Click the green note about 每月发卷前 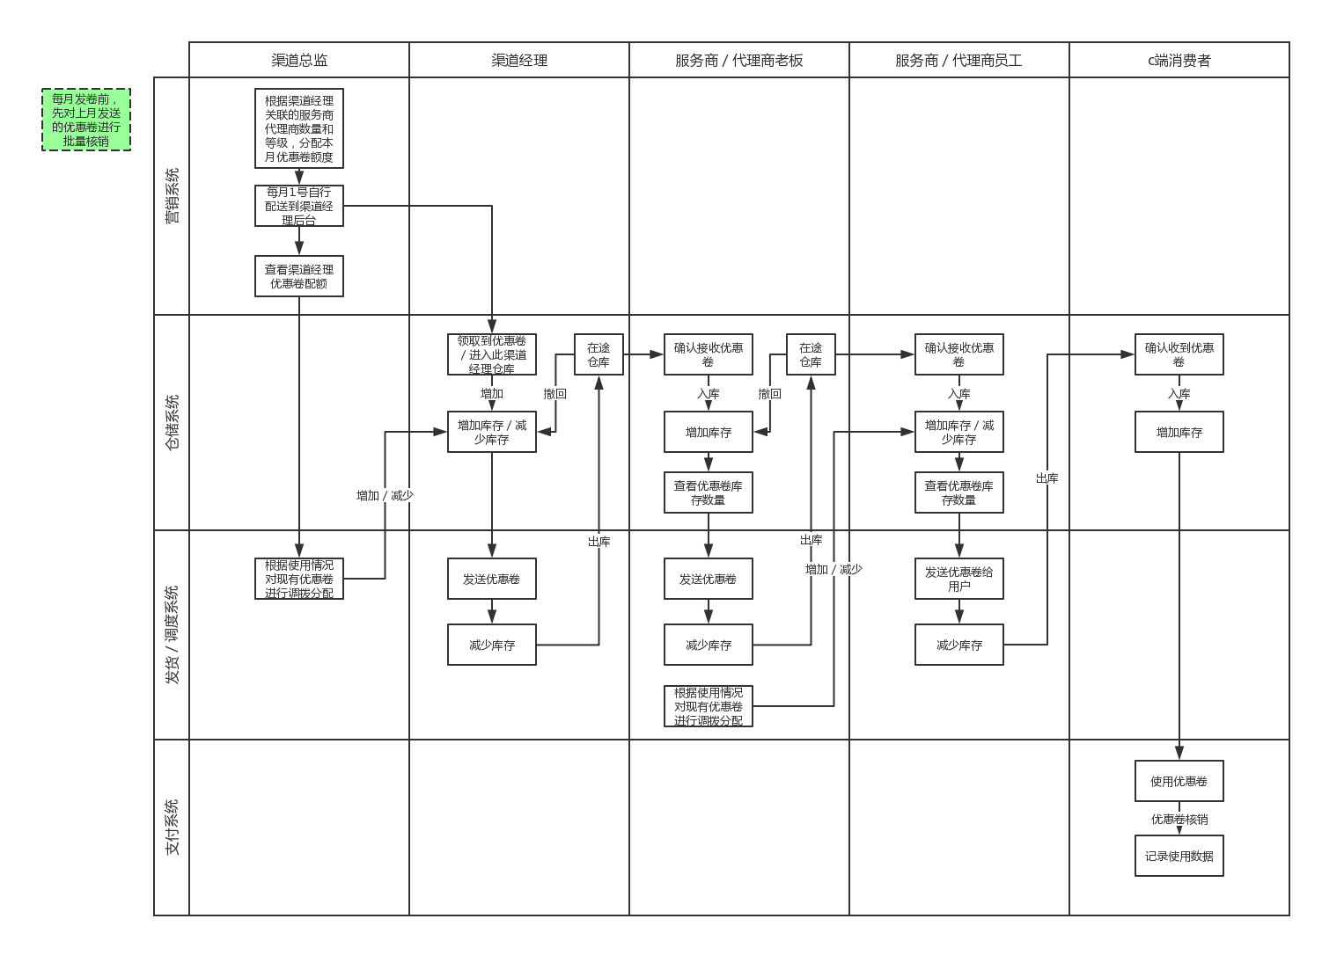(x=86, y=120)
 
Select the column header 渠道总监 (x=299, y=60)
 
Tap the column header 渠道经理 (x=519, y=60)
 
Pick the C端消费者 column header (x=1179, y=60)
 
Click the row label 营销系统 (x=172, y=196)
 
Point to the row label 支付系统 (x=172, y=827)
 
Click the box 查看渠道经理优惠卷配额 (x=299, y=276)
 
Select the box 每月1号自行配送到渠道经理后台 (x=299, y=206)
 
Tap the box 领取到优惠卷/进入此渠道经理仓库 (x=492, y=354)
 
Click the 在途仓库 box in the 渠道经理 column (x=599, y=354)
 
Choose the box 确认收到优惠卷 (x=1179, y=354)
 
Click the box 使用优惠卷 (x=1179, y=781)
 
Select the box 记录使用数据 (x=1179, y=856)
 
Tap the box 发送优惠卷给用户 (x=959, y=579)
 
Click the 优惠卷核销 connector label (x=1179, y=819)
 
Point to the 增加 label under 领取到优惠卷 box (x=492, y=393)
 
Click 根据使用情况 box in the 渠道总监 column (x=299, y=579)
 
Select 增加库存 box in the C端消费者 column (x=1179, y=432)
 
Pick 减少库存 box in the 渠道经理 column (x=492, y=645)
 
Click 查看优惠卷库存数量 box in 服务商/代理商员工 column (x=959, y=492)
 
